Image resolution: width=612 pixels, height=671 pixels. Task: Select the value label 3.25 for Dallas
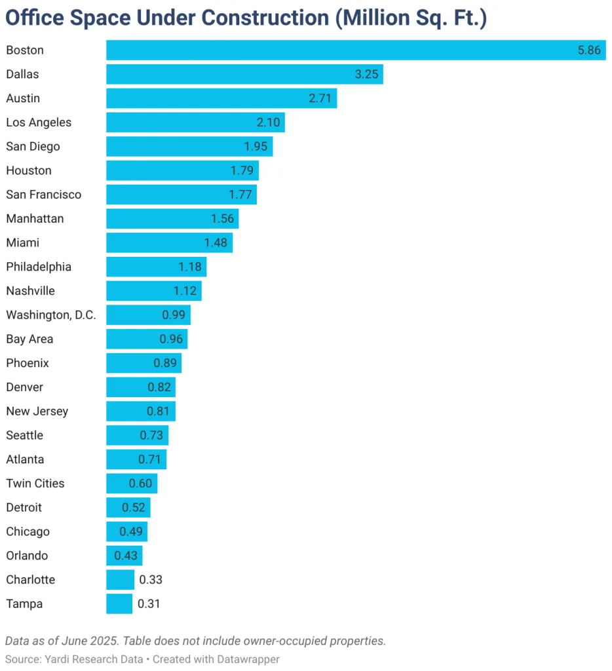(366, 74)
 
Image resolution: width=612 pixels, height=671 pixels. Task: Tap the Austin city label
(23, 98)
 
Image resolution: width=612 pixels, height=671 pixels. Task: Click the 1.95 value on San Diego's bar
(256, 147)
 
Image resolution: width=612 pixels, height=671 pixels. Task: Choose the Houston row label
(29, 170)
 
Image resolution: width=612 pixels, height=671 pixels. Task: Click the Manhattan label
(35, 219)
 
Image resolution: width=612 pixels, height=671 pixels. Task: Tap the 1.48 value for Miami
(216, 242)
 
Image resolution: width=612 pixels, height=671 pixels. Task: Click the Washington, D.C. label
(51, 315)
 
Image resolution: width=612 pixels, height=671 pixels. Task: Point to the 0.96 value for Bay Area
(171, 339)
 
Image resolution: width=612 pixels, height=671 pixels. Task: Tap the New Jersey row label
(37, 412)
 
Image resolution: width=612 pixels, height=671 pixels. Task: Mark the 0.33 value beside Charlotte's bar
(151, 580)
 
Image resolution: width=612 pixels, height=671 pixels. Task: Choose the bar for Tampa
(119, 604)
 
